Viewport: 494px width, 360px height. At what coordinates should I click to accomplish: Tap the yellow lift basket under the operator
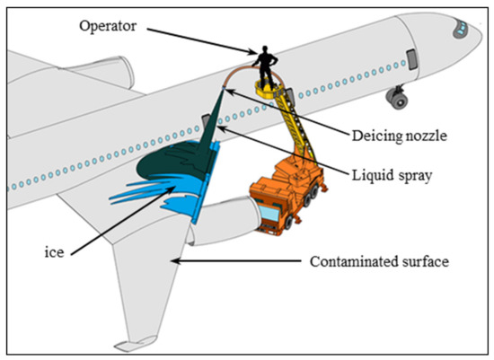pyautogui.click(x=267, y=90)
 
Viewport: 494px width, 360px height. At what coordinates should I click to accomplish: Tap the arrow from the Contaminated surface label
pyautogui.click(x=225, y=261)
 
